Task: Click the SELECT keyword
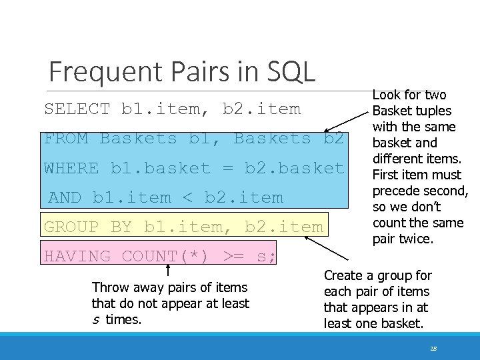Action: click(77, 109)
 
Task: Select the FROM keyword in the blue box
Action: click(66, 139)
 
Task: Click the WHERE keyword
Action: click(71, 168)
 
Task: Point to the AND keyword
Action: click(65, 197)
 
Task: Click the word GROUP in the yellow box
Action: click(71, 227)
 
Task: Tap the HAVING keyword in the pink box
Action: click(77, 256)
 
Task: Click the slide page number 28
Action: click(434, 348)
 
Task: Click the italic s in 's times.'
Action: click(95, 319)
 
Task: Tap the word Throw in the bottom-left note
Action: click(108, 288)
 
